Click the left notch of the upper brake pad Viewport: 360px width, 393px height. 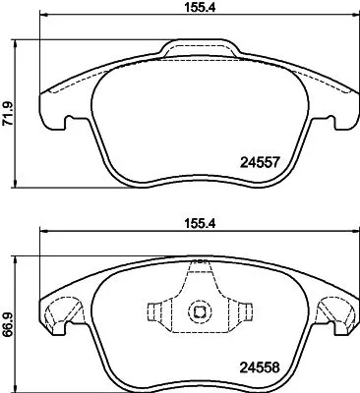click(x=67, y=123)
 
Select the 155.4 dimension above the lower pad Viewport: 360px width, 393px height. click(x=196, y=223)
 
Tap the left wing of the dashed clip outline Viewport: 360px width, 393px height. click(x=155, y=314)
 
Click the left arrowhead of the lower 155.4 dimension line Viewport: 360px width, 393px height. click(x=42, y=235)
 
